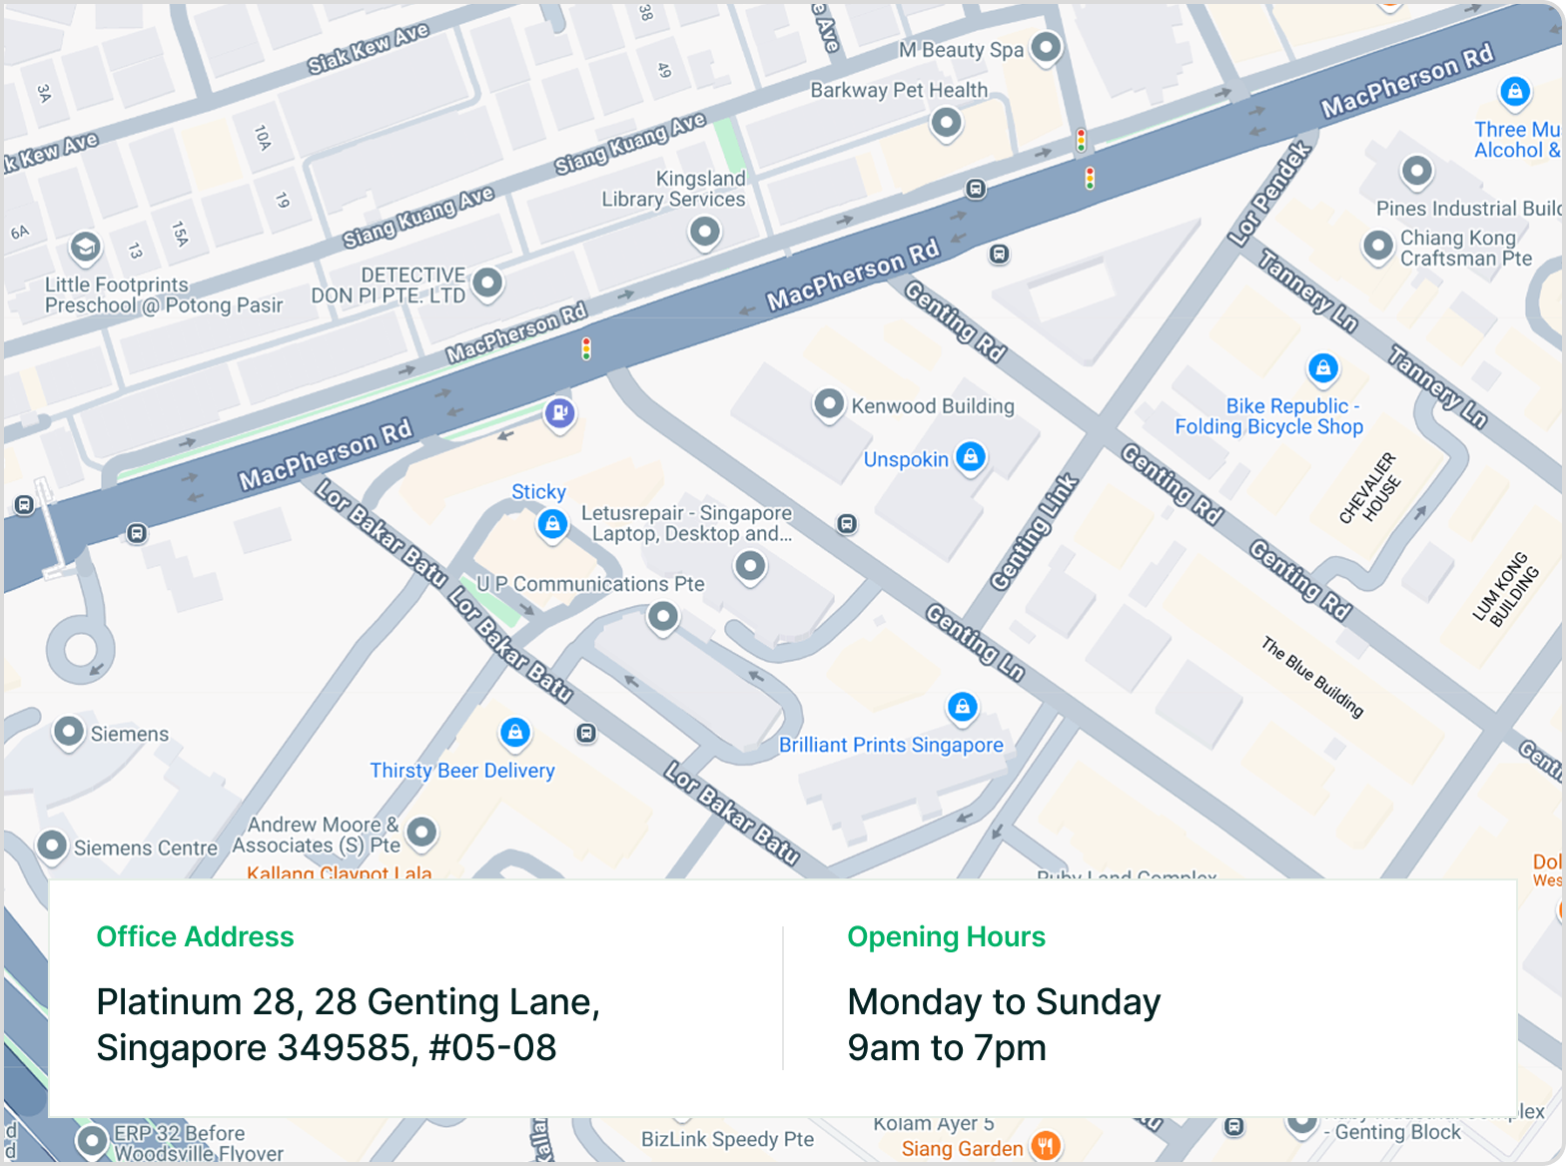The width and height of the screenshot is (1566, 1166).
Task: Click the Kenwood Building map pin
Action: (828, 404)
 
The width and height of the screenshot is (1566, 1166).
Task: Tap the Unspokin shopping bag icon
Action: (970, 457)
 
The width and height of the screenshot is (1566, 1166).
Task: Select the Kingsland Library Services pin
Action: (705, 233)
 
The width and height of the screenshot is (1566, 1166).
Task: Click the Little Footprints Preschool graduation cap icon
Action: (85, 247)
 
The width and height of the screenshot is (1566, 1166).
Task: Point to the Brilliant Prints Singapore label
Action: (891, 745)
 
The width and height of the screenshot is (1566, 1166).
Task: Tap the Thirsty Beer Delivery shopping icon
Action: (514, 733)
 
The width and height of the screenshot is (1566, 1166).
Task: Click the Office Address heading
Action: (195, 936)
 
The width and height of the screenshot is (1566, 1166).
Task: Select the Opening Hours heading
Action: (946, 936)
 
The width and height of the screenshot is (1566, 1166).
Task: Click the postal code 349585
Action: (344, 1047)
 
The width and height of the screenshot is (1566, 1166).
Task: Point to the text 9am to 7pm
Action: (946, 1047)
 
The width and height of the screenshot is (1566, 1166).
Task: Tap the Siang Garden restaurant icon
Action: (1045, 1146)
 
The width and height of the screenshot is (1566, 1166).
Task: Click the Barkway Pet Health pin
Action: (945, 124)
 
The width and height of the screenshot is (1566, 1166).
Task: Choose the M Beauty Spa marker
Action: (1046, 46)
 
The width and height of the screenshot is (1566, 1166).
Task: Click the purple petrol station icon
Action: (559, 411)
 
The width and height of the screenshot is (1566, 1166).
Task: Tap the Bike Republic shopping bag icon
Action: (1323, 368)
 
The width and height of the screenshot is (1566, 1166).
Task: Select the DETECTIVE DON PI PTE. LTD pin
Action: (486, 283)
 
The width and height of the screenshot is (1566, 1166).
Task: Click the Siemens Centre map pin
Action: (52, 846)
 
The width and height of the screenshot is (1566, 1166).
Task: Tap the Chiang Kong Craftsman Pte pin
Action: (1378, 246)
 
